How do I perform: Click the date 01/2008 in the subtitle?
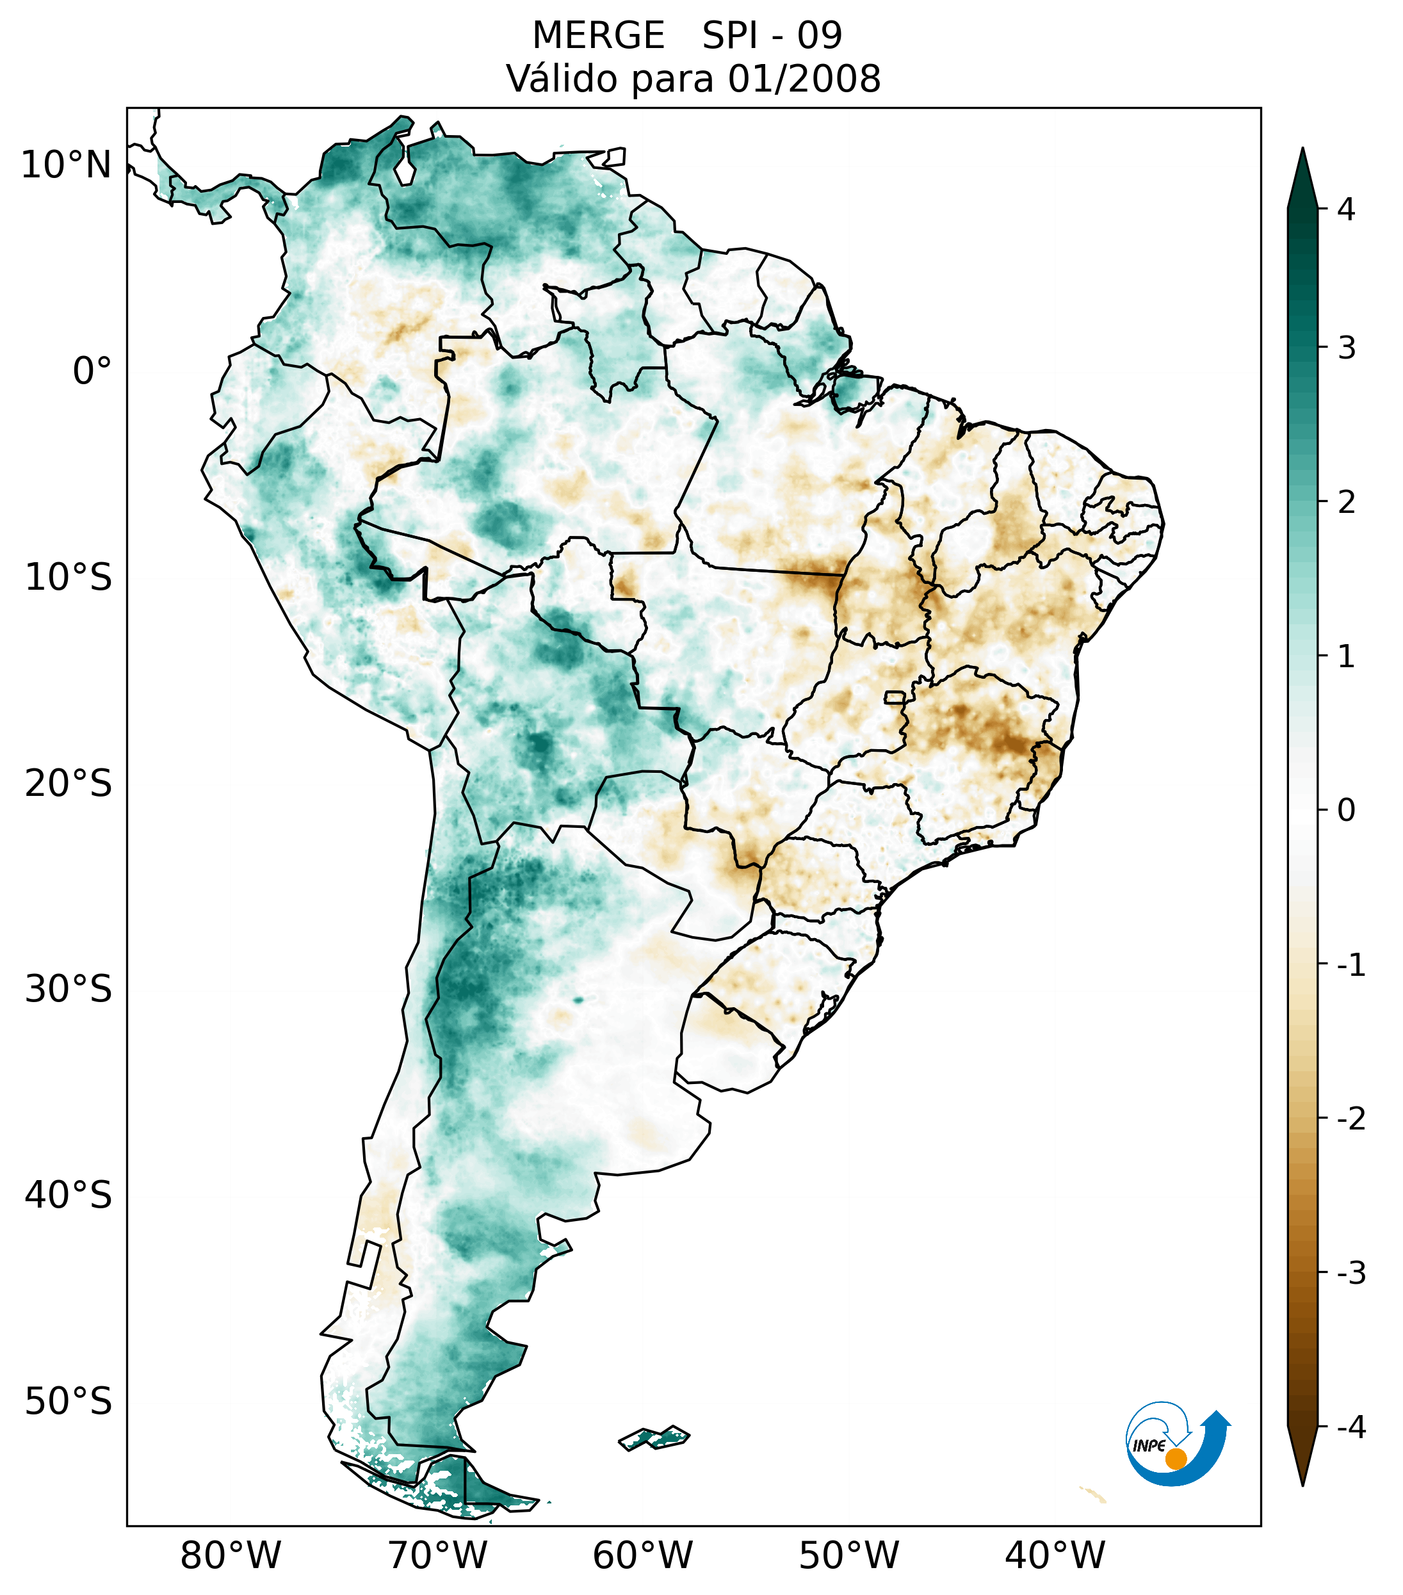pos(804,79)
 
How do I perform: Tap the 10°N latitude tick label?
pos(67,165)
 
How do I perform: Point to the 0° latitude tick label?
pos(92,371)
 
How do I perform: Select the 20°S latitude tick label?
pos(69,784)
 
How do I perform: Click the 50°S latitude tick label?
pos(69,1402)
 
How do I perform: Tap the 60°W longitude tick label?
pos(642,1556)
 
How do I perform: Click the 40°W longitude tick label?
pos(1055,1556)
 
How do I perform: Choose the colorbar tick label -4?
pos(1350,1427)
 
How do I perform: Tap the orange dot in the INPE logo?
pos(1176,1459)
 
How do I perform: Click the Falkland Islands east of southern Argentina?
pos(654,1437)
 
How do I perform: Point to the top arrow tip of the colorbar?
pos(1302,150)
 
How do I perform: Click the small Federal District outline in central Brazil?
pos(894,697)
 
